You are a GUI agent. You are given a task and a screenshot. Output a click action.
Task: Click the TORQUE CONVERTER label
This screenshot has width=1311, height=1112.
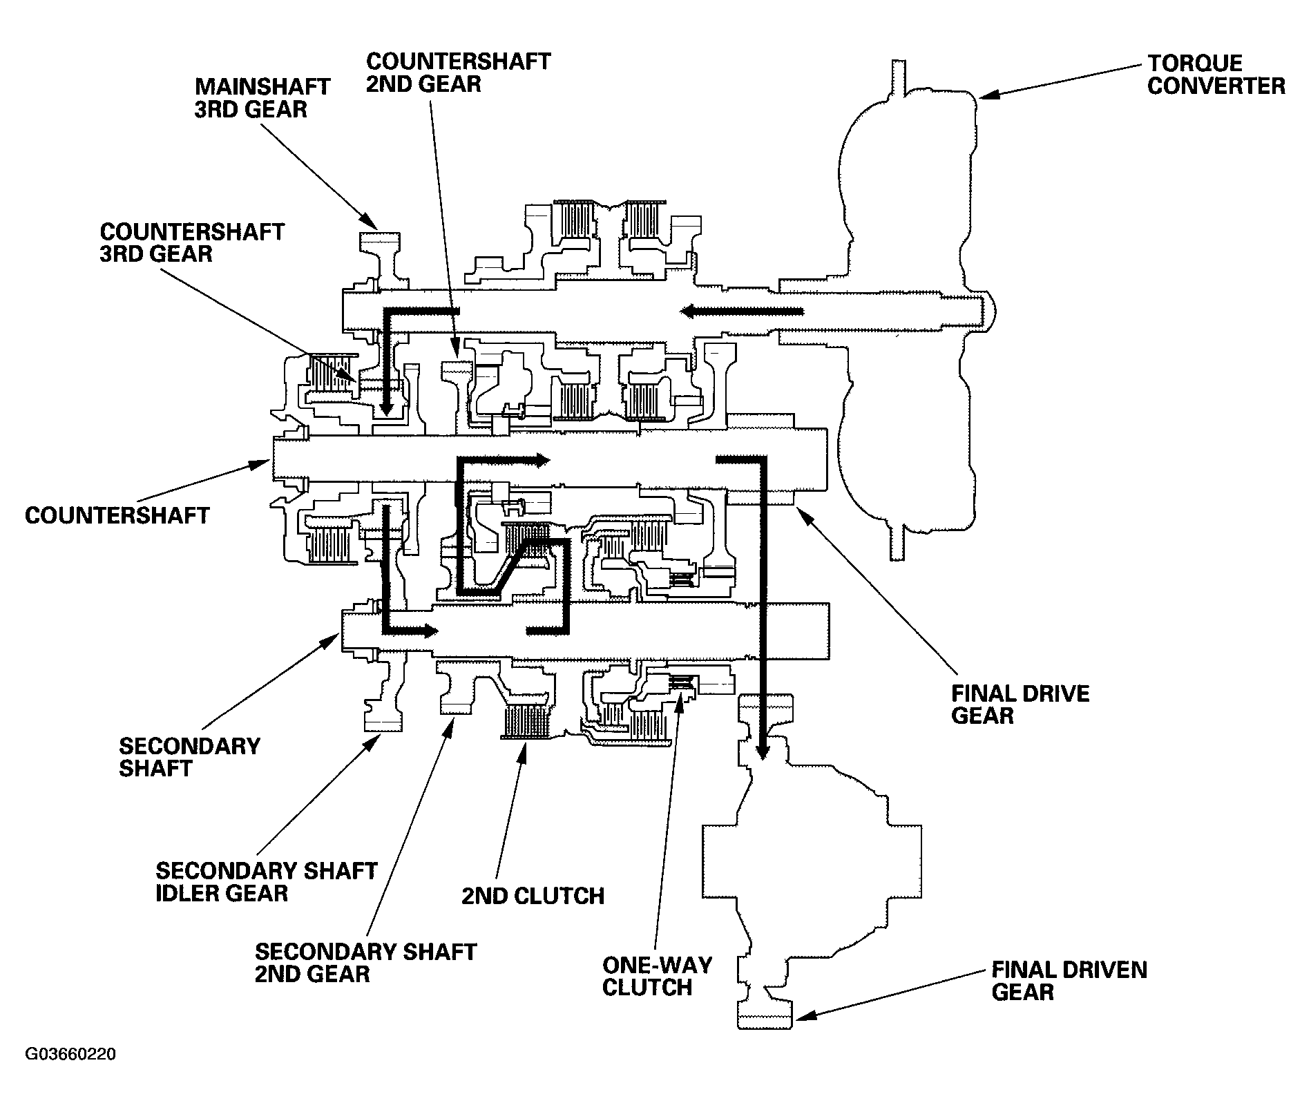1216,75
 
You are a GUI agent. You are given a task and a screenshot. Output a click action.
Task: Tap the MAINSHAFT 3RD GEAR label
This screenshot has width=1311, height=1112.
262,97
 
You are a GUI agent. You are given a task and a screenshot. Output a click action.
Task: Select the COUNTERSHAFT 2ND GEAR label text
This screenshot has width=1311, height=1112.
458,72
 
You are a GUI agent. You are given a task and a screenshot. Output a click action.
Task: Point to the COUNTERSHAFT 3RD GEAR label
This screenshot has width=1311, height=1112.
192,242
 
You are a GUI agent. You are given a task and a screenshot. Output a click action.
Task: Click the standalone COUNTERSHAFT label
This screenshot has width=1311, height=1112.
117,515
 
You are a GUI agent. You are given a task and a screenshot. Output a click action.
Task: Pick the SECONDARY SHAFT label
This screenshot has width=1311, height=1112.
189,757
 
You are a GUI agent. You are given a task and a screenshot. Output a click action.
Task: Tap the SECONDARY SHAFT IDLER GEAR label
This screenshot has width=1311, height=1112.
266,881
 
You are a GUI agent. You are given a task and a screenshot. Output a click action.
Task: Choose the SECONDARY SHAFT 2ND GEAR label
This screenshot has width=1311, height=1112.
365,963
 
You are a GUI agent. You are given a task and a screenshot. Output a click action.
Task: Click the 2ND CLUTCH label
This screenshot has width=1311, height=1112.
533,896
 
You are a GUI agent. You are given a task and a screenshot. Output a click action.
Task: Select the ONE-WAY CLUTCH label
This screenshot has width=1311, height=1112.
647,977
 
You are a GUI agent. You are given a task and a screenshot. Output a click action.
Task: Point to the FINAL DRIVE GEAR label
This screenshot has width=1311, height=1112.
1020,704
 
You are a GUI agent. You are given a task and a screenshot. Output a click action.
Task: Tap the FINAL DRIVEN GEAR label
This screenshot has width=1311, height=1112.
1069,981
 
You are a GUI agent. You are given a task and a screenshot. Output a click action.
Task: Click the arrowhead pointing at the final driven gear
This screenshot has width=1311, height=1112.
803,1015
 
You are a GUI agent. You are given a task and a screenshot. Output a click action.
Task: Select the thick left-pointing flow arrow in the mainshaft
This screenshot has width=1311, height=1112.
742,312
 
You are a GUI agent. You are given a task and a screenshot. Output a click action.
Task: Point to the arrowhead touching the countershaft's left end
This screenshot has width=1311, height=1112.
260,466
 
